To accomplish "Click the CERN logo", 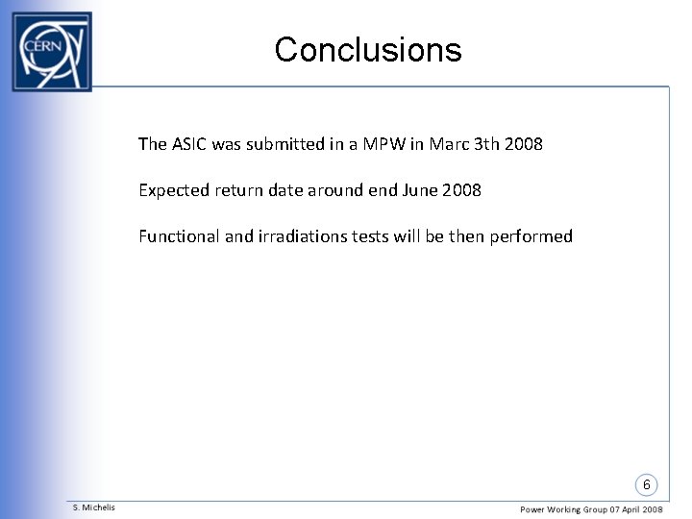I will (x=51, y=51).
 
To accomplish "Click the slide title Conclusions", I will (x=367, y=50).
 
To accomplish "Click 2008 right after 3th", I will (x=524, y=144).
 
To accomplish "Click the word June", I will (x=421, y=190).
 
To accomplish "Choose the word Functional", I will (x=179, y=236).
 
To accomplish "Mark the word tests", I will (x=373, y=236).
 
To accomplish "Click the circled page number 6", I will (x=647, y=484).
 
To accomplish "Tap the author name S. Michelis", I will (x=94, y=507).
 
